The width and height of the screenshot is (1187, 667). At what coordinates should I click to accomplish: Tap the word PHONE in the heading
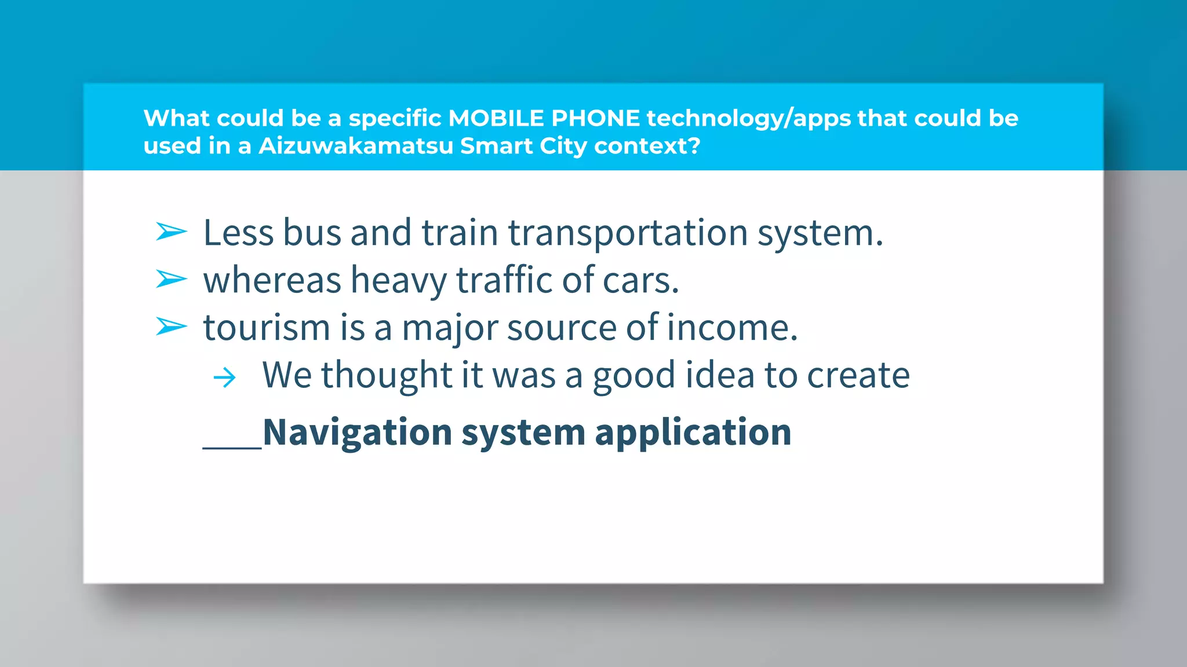595,118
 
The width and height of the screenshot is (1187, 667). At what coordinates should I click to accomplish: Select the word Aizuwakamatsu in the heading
356,146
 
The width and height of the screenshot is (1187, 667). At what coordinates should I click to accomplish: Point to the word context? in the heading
647,146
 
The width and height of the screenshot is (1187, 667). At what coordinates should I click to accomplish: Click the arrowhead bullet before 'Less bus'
172,232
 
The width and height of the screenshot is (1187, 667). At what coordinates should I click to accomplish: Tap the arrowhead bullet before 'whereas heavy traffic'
172,280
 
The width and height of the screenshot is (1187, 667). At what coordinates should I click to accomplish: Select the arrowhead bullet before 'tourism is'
172,327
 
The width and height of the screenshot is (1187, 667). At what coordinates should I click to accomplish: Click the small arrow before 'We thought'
225,378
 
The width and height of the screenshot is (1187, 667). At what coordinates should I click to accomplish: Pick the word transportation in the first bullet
628,233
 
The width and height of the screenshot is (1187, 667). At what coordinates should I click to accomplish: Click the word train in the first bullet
460,233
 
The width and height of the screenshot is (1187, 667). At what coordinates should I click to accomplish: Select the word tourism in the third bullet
266,328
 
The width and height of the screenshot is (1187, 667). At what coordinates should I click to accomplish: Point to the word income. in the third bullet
732,328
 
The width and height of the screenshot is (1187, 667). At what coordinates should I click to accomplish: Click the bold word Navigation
357,433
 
